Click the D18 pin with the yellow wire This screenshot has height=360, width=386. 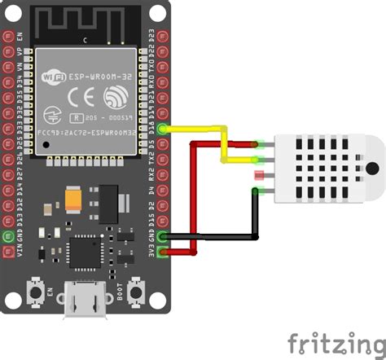tap(164, 129)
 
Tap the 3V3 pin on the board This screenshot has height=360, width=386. tap(164, 252)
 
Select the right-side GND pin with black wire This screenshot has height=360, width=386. tap(164, 237)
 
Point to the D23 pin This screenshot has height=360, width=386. tap(164, 37)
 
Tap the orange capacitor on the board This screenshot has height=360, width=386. tap(75, 199)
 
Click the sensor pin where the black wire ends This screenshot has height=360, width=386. tap(259, 191)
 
